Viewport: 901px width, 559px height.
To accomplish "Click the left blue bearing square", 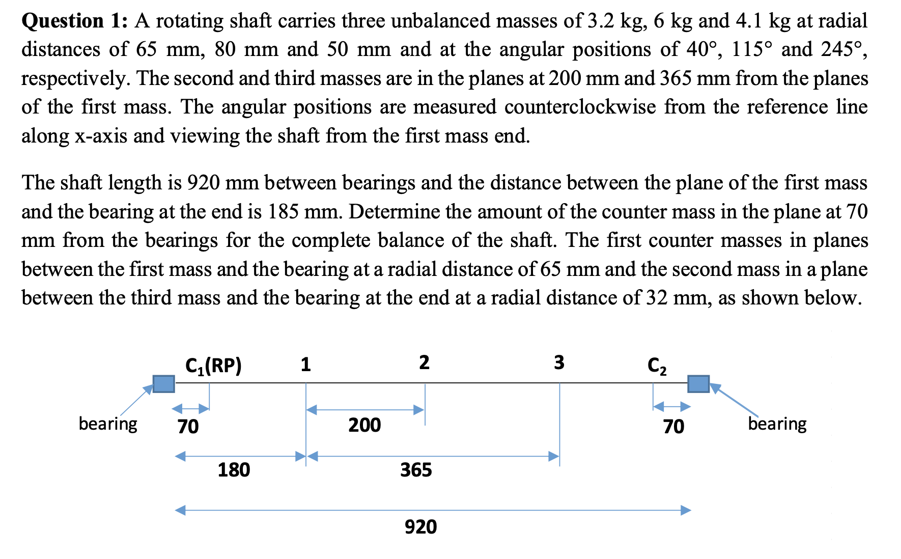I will pos(163,383).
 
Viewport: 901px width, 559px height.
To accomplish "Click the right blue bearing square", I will pos(698,383).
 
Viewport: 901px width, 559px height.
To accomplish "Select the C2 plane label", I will pos(657,366).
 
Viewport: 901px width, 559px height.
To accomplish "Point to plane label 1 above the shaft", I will pos(305,365).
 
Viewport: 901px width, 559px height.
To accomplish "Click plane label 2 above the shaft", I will pos(424,362).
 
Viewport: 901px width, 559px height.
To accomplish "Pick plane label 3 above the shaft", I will pos(559,362).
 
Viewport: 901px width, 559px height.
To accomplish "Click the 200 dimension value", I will pos(364,425).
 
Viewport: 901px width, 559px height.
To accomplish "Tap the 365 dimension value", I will pos(416,469).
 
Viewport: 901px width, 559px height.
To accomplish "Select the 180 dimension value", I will pos(234,469).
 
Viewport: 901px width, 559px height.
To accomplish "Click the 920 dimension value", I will pos(420,526).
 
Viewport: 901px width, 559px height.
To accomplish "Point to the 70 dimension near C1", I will pos(188,426).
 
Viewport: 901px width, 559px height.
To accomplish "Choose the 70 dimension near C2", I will pos(673,426).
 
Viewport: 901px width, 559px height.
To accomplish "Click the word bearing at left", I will pos(108,424).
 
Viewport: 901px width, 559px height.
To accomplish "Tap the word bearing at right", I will pos(777,424).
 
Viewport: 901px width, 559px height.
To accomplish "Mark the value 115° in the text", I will pos(752,49).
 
